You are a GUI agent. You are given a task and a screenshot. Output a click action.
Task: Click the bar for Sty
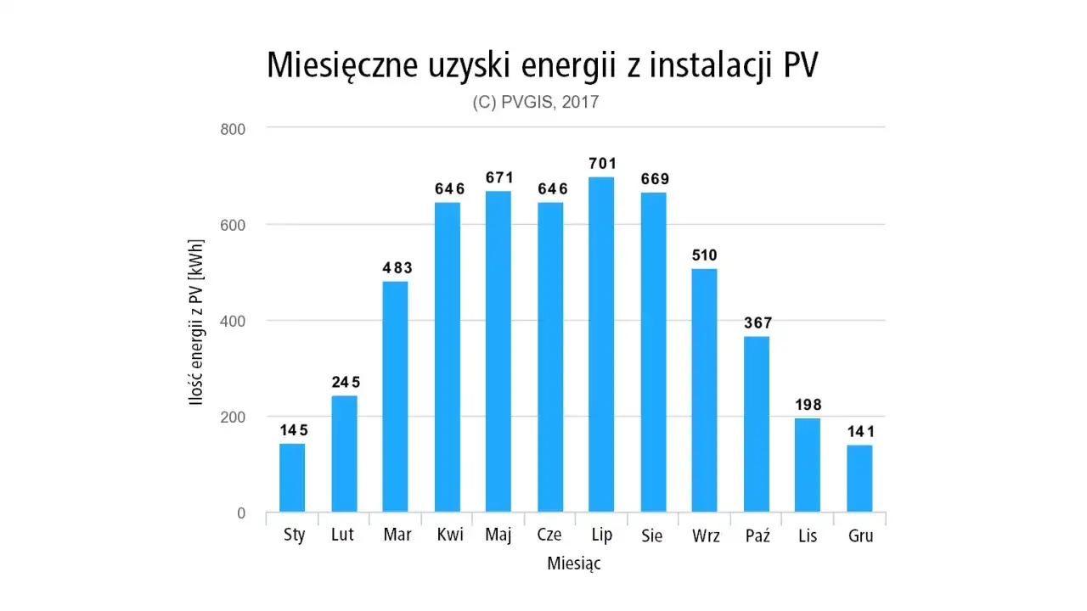pyautogui.click(x=292, y=478)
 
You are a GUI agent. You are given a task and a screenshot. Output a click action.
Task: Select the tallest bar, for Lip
pyautogui.click(x=601, y=345)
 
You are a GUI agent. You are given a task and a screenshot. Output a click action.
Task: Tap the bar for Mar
pyautogui.click(x=395, y=396)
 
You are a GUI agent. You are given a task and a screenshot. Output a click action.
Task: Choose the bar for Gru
pyautogui.click(x=859, y=479)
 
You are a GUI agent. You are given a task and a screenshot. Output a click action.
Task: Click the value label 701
pyautogui.click(x=602, y=164)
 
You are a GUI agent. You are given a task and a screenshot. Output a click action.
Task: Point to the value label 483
pyautogui.click(x=396, y=268)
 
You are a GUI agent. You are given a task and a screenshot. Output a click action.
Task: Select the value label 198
pyautogui.click(x=808, y=405)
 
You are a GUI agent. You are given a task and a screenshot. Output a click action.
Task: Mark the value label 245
pyautogui.click(x=345, y=383)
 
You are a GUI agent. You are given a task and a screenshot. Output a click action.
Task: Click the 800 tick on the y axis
pyautogui.click(x=234, y=129)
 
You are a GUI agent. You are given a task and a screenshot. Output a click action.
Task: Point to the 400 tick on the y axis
pyautogui.click(x=234, y=321)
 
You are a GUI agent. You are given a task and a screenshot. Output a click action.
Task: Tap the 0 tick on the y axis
pyautogui.click(x=241, y=513)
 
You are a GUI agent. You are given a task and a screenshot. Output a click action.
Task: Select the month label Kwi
pyautogui.click(x=450, y=536)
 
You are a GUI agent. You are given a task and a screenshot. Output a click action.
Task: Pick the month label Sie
pyautogui.click(x=652, y=536)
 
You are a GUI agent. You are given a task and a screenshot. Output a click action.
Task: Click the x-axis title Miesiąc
pyautogui.click(x=574, y=563)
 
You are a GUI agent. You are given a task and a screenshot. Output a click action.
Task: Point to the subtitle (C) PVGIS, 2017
pyautogui.click(x=536, y=103)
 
